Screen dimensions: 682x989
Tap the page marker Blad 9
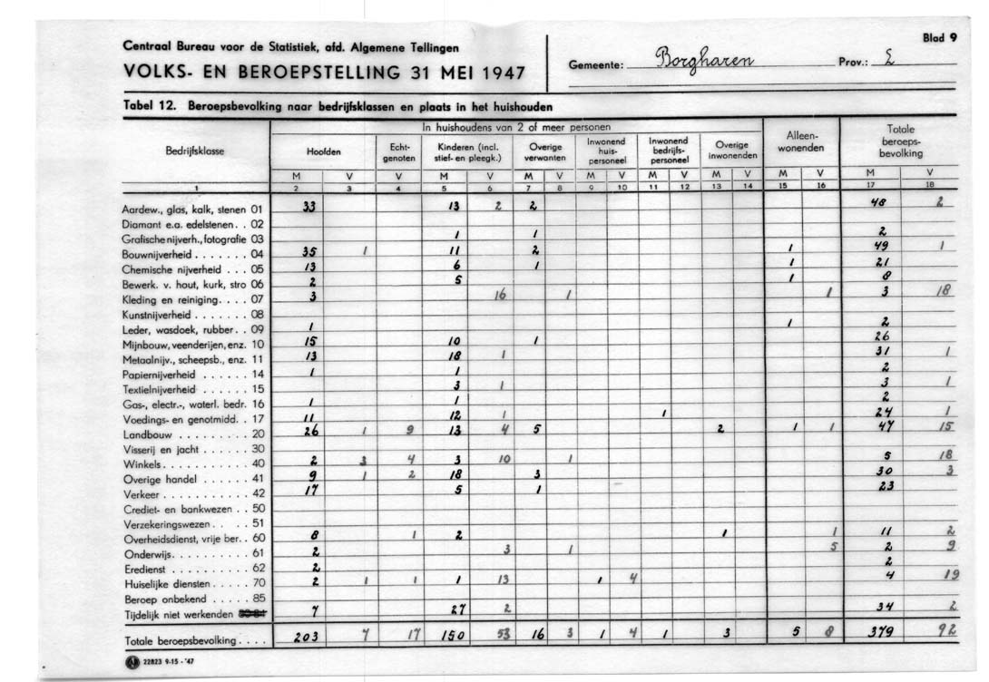pyautogui.click(x=939, y=38)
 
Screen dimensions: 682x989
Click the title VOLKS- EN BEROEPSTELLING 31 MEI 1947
pyautogui.click(x=323, y=72)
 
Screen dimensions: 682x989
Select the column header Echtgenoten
pyautogui.click(x=398, y=151)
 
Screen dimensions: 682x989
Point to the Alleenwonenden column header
pyautogui.click(x=801, y=141)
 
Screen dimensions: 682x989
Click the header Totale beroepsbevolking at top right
pyautogui.click(x=898, y=141)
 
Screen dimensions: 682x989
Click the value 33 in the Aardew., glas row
pyautogui.click(x=308, y=206)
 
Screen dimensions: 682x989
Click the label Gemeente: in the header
pyautogui.click(x=594, y=65)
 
